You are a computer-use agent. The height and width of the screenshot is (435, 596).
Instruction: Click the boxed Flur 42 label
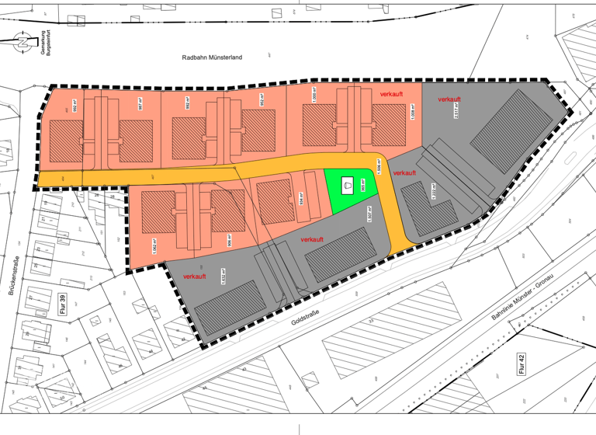tap(521, 363)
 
